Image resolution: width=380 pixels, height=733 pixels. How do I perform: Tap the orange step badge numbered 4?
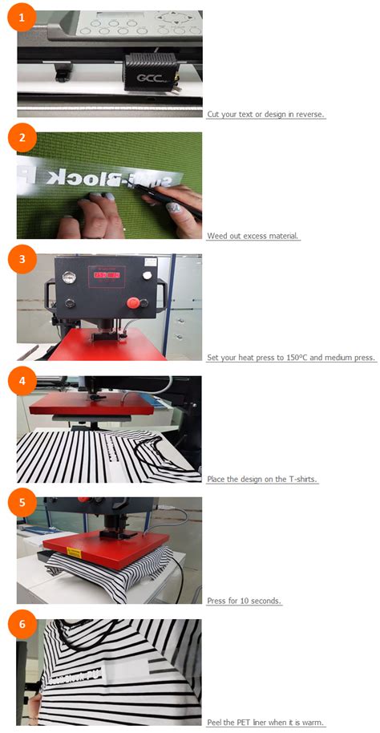22,381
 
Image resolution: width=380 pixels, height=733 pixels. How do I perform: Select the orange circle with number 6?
22,625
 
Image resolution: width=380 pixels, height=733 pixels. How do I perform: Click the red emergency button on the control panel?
134,302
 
